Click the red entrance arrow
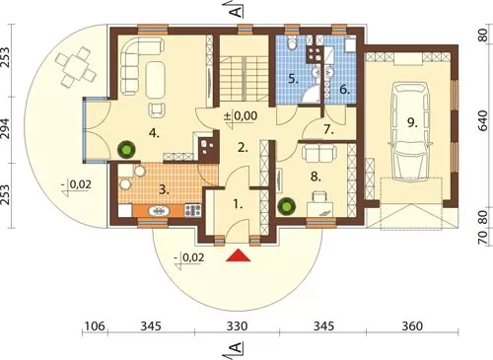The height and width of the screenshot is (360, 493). tap(239, 255)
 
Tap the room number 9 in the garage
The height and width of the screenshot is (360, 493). tap(412, 123)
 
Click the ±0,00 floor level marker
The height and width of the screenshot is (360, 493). tap(241, 116)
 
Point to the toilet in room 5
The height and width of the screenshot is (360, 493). tap(291, 43)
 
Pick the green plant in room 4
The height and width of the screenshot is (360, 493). tap(126, 150)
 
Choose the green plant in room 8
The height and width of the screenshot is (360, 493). tap(287, 206)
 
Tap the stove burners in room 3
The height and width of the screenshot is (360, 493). tap(193, 210)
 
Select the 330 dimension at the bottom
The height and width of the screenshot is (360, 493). tap(237, 326)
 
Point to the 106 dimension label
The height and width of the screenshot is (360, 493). tap(95, 326)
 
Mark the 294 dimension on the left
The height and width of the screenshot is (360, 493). tap(8, 129)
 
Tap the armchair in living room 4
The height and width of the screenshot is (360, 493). tap(157, 109)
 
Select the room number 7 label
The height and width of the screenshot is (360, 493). tap(328, 130)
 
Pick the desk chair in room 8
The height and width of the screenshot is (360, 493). tap(318, 197)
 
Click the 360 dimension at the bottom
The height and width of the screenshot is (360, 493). tap(412, 326)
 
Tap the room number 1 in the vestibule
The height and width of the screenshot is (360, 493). tap(238, 205)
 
